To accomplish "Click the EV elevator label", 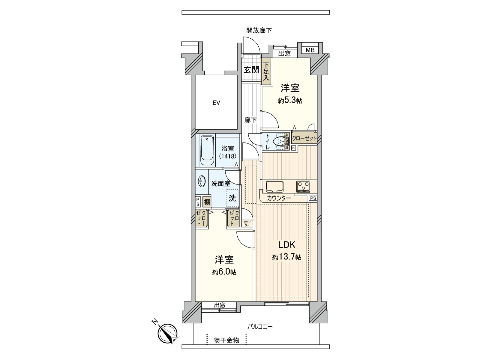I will pos(216,103).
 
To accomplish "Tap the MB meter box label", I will pos(310,50).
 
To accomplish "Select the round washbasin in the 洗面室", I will pos(202,181).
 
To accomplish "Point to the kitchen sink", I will pos(274,186).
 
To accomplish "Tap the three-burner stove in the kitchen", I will pos(304,186).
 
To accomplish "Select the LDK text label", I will pos(287,245).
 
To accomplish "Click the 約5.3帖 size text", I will pos(290,101).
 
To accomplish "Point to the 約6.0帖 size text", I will pos(224,272).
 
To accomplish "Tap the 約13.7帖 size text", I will pos(287,257).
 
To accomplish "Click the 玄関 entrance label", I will pos(251,70).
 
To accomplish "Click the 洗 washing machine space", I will pos(232,198).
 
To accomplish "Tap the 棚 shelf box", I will pos(207,202).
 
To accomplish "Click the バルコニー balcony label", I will pos(260,327).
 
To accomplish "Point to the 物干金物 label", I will pos(226,340).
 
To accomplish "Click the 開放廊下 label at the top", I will pos(259,30).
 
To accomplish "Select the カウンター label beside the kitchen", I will pos(279,198).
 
